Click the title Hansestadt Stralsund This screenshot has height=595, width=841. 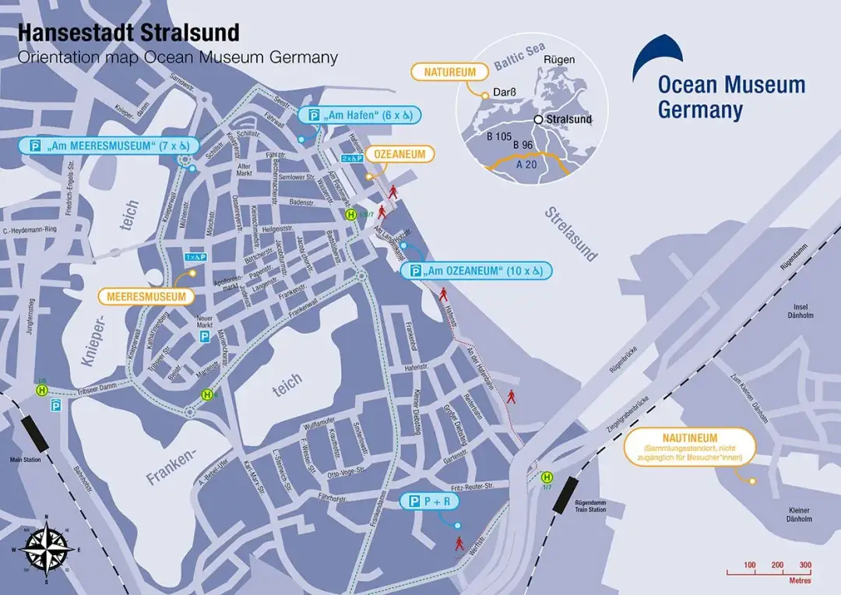(x=128, y=33)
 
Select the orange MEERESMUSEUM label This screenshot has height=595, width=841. (x=146, y=297)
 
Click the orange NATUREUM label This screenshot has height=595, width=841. (x=449, y=72)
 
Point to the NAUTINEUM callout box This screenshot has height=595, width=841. (x=691, y=447)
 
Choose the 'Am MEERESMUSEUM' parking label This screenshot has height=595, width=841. (x=110, y=146)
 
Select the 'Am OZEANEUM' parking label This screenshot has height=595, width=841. (x=476, y=271)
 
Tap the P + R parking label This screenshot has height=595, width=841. (x=429, y=502)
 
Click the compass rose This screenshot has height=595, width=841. (x=47, y=549)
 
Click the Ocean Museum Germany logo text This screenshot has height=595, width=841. (x=730, y=97)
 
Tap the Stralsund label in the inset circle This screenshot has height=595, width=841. (x=568, y=120)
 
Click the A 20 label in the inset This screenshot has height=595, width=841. (x=526, y=164)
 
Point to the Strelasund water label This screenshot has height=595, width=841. (x=572, y=234)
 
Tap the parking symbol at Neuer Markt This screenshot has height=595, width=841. (x=205, y=336)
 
